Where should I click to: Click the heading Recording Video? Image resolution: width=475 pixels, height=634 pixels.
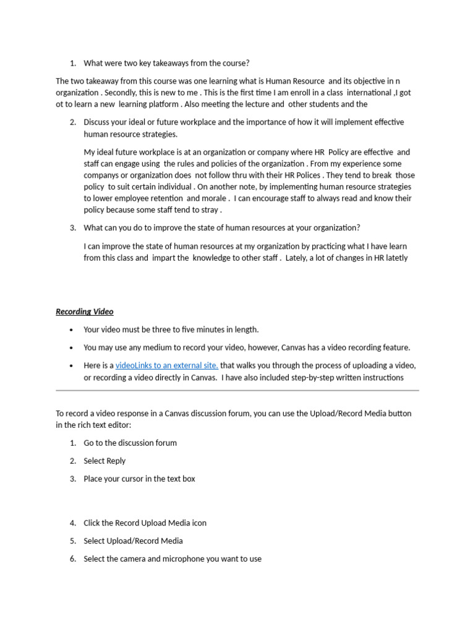coord(85,311)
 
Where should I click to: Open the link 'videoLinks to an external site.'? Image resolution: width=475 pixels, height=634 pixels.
coord(166,365)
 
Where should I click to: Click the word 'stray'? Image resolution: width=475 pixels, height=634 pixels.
coord(208,210)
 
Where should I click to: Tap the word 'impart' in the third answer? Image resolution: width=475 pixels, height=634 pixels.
coord(163,258)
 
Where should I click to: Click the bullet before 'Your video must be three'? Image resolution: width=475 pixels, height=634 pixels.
coord(72,330)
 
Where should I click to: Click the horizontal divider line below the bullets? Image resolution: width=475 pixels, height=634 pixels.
coord(237,391)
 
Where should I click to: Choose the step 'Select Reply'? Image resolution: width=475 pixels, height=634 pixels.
coord(105,461)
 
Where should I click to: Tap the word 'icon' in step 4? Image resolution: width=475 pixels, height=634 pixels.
coord(199,523)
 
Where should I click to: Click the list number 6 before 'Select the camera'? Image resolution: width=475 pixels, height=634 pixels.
coord(72,558)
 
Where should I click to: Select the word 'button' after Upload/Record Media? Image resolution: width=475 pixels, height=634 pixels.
coord(399,413)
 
